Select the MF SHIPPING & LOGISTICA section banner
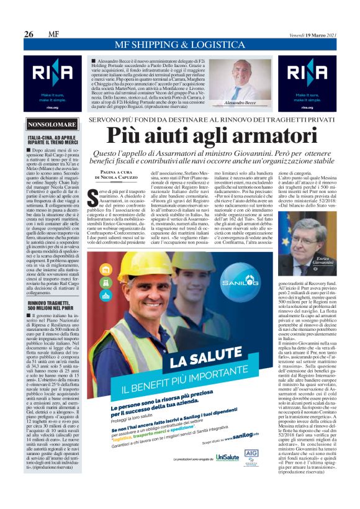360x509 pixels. tap(179, 45)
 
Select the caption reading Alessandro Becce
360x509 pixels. tap(240, 101)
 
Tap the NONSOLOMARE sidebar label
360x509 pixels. tap(52, 125)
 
